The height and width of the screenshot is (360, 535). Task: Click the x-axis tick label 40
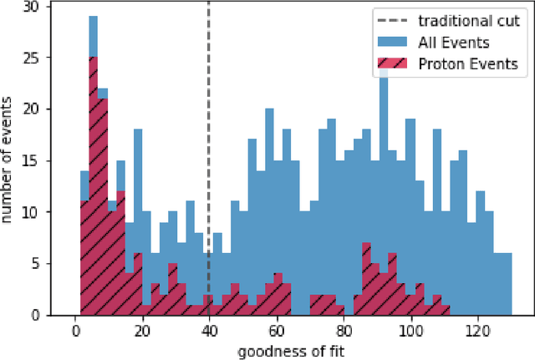(208, 329)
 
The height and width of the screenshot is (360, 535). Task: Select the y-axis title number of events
(10, 160)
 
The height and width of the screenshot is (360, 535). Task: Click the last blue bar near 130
(507, 284)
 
